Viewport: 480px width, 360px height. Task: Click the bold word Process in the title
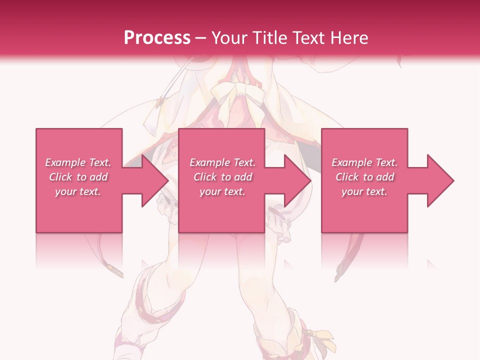[x=157, y=37]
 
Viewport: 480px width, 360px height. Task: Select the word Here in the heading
[x=349, y=37]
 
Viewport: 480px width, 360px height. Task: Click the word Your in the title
[x=228, y=37]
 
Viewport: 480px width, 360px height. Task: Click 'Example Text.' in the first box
[x=78, y=162]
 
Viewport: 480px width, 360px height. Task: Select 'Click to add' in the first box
[x=78, y=177]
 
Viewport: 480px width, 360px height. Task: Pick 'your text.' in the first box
[x=78, y=191]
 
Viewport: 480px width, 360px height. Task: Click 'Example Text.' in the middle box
[x=222, y=162]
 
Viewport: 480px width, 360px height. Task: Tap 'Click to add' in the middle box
[x=222, y=177]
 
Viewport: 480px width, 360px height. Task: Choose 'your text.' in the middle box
[x=222, y=191]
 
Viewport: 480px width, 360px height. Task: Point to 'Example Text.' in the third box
[x=364, y=162]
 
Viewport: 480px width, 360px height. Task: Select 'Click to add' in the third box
[x=364, y=177]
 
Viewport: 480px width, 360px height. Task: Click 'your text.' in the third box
[x=364, y=191]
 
